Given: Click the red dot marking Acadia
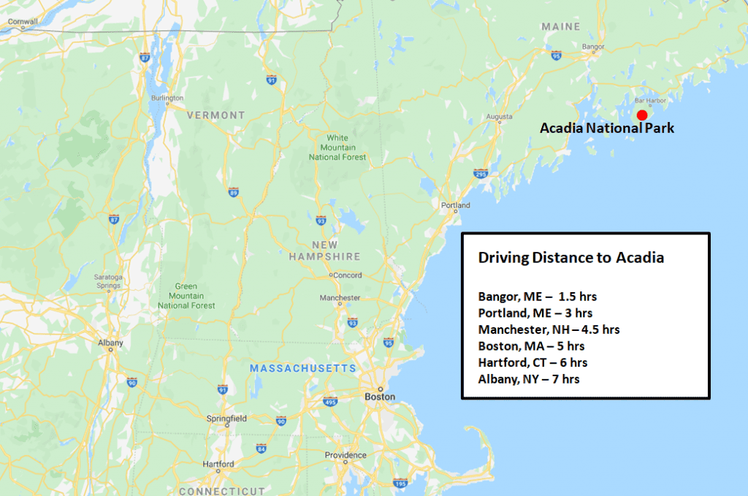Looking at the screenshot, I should tap(642, 115).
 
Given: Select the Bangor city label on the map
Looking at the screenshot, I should tap(592, 46).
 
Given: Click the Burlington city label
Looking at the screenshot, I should tap(167, 98).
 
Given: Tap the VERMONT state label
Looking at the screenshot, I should tap(216, 115).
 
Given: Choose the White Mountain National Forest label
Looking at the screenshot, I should tap(337, 147).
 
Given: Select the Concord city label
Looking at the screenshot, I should tap(346, 275).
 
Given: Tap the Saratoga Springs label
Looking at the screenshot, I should tap(107, 281).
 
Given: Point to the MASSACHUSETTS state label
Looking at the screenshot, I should tap(302, 369).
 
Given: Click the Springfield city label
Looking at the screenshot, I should tap(226, 419).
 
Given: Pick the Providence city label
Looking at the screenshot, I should tap(346, 455).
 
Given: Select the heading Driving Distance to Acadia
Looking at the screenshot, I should tap(570, 258).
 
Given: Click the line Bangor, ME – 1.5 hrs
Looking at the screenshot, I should tap(538, 297).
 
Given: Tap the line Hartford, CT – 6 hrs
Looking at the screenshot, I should tap(533, 362).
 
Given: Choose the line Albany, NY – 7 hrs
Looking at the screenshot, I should tap(529, 378).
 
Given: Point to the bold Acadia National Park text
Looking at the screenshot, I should tap(606, 129).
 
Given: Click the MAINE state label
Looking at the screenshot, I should tap(560, 26).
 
